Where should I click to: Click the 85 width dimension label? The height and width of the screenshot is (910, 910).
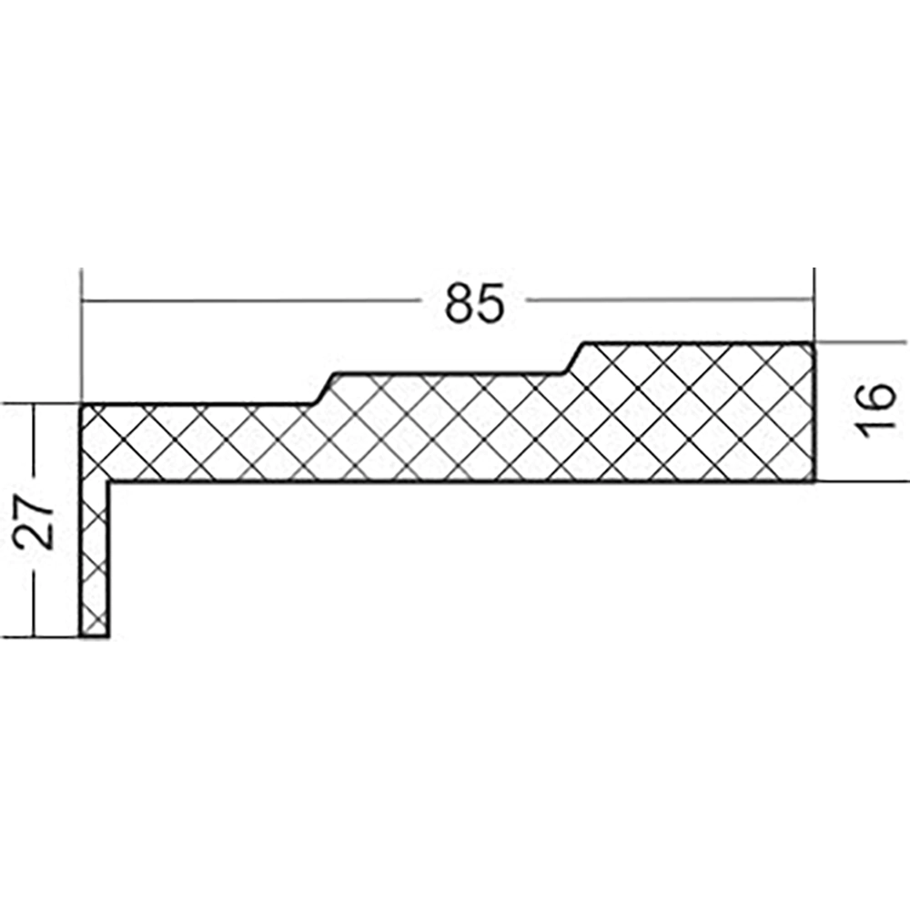tap(474, 303)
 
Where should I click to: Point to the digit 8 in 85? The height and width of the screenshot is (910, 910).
tap(460, 303)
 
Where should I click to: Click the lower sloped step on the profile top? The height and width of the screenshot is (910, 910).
tap(325, 389)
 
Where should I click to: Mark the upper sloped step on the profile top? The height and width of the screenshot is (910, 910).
tap(573, 358)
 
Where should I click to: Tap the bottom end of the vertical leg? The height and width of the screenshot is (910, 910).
tap(94, 637)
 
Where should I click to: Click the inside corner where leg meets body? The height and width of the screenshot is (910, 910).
tap(108, 481)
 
